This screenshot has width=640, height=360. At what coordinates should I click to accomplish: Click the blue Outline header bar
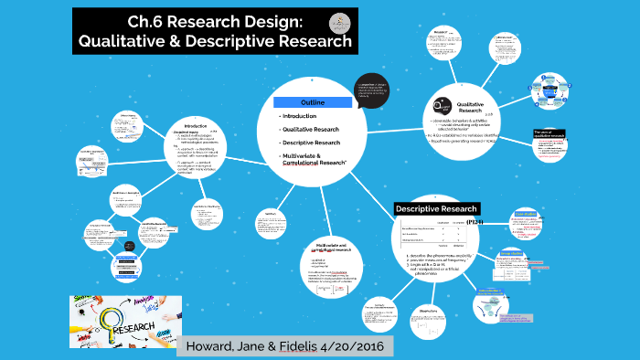tap(313, 101)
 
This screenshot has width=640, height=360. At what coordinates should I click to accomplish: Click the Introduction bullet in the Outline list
tap(300, 116)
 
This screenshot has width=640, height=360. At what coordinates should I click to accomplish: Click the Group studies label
tap(511, 254)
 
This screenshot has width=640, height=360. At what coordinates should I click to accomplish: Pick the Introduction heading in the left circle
tap(196, 126)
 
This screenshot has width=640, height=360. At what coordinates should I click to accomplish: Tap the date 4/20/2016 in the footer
tap(352, 346)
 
